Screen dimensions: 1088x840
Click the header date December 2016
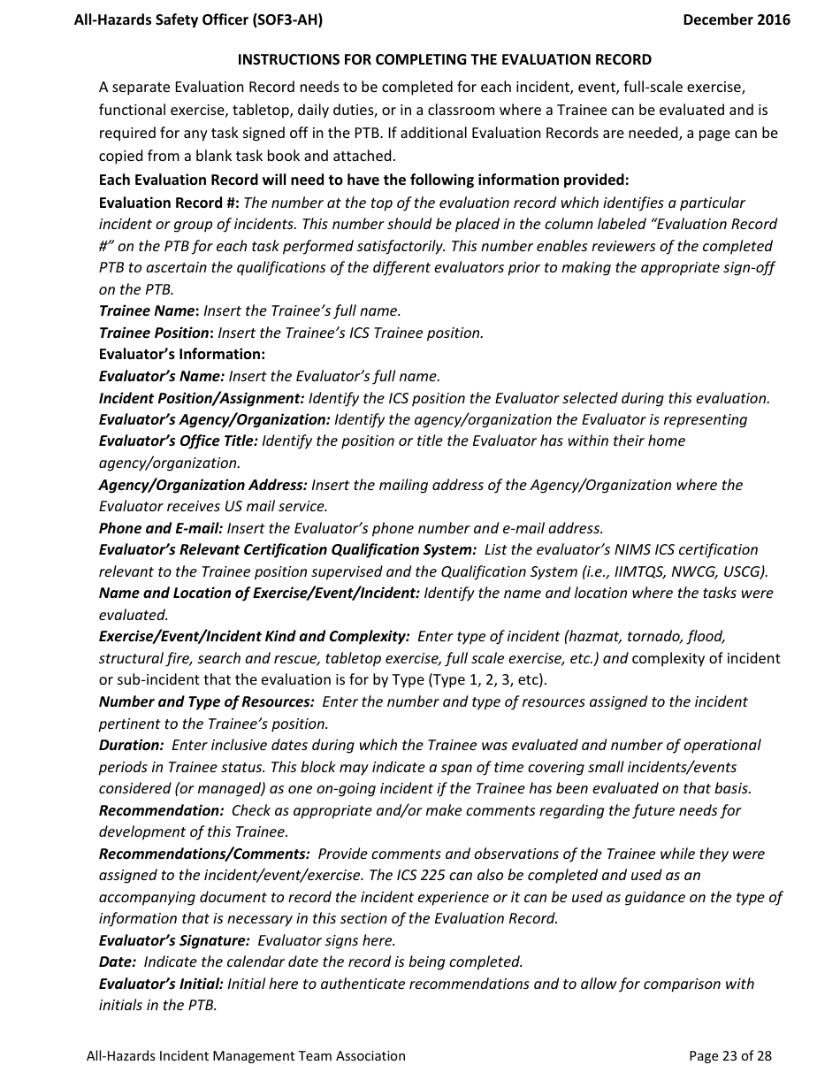[x=736, y=19]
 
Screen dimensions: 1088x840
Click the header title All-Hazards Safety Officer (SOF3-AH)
[x=198, y=19]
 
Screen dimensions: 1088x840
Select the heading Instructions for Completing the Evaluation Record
[x=445, y=59]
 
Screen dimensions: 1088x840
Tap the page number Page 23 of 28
[x=729, y=1055]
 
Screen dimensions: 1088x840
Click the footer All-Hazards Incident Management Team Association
[x=246, y=1055]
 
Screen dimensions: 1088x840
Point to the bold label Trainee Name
[x=149, y=310]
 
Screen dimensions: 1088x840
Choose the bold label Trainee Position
[x=157, y=333]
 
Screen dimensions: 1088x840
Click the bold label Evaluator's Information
[x=181, y=354]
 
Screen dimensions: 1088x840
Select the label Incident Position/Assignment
[x=202, y=398]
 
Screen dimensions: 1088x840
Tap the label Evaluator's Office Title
[x=179, y=441]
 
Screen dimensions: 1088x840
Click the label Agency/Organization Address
[x=203, y=485]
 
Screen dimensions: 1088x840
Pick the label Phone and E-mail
[x=161, y=528]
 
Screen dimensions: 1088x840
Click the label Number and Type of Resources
[x=206, y=701]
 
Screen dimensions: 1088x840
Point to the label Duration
[x=131, y=745]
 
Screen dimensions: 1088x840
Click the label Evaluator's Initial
[x=161, y=984]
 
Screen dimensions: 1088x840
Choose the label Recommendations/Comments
[x=204, y=854]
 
